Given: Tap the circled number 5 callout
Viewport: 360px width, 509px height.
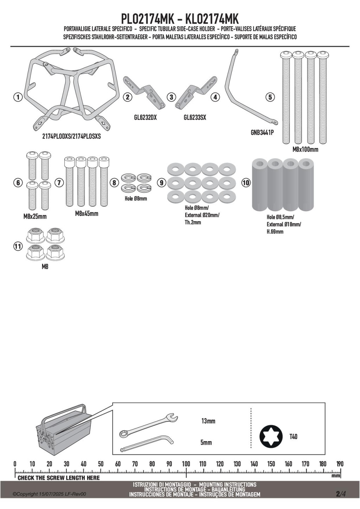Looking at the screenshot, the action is coord(270,97).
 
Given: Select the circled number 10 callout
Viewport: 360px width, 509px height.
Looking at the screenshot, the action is coord(246,183).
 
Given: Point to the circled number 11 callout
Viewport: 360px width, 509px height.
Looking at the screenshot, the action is coord(18,246).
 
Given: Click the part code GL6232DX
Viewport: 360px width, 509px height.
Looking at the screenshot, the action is coord(146,117).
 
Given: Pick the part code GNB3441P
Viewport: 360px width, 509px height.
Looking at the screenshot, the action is coord(262,132).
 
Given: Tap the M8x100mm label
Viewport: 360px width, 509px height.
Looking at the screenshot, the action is coord(305,149).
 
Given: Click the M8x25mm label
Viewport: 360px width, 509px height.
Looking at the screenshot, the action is coord(35,216).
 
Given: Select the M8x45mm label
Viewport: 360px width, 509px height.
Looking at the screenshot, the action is coord(86,213).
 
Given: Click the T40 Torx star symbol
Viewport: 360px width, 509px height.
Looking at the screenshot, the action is coord(271,437).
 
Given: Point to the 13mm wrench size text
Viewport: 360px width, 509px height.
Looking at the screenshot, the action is coord(208,421).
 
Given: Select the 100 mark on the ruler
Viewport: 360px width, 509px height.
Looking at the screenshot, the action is coord(186,464).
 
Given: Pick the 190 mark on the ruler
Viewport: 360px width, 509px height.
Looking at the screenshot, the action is coord(340,464).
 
